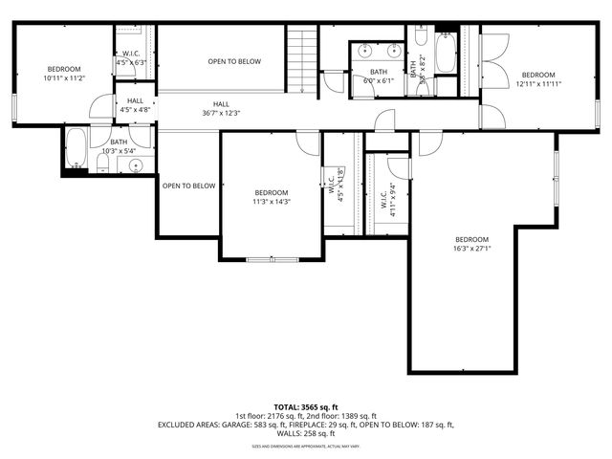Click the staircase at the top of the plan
303,58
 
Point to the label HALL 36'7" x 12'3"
221,108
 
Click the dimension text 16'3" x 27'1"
471,249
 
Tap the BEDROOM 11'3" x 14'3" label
271,197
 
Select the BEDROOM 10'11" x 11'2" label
65,73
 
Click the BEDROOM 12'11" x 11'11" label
537,79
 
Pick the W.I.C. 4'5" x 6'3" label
133,58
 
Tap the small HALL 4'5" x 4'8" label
133,105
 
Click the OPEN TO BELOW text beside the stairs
234,61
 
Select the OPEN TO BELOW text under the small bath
188,186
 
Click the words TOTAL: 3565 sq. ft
306,406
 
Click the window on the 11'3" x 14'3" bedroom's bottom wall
272,258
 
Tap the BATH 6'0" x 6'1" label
380,76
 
